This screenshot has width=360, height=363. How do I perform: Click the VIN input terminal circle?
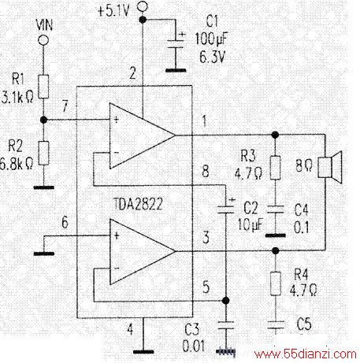pos(43,40)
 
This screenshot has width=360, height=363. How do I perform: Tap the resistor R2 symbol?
pos(44,153)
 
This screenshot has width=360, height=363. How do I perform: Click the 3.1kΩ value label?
pos(17,97)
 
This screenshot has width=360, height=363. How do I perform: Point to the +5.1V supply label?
pos(113,11)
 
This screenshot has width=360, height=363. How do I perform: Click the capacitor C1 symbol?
pos(176,44)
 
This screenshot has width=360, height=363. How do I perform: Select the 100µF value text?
pos(212,39)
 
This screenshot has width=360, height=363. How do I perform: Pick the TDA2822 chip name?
pos(138,204)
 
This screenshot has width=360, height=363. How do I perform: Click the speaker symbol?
pos(330,167)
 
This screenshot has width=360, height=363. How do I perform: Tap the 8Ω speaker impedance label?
pos(304,165)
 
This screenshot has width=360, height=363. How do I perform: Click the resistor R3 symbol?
pos(275,168)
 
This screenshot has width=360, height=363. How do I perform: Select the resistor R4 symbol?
pos(276,283)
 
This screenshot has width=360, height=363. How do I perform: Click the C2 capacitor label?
pos(251,208)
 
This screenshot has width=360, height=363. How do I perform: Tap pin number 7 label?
pos(65,106)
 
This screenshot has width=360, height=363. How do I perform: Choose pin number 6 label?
pos(65,222)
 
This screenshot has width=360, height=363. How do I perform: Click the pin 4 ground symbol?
pos(143,352)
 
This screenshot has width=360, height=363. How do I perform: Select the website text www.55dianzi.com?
pos(306,354)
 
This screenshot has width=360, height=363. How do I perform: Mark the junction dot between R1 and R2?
pos(44,120)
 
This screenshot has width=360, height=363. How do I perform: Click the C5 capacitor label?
pos(304,324)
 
